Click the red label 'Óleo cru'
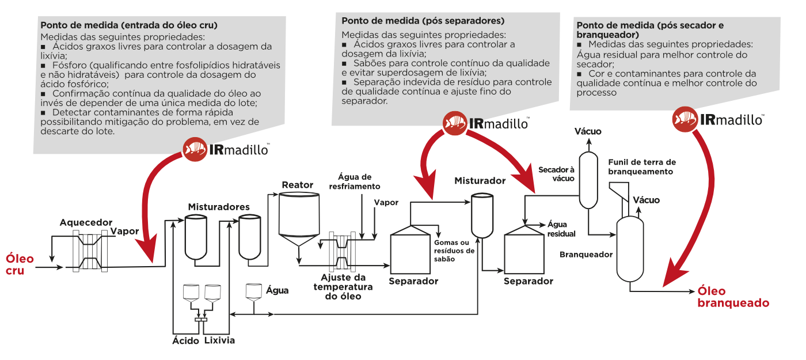[x=20, y=264]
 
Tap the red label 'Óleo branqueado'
[x=733, y=297]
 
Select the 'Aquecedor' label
[x=86, y=222]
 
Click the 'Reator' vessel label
[x=297, y=185]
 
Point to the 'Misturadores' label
[x=219, y=206]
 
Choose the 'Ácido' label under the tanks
[x=185, y=340]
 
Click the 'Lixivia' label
[x=219, y=340]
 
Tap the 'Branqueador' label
[x=586, y=254]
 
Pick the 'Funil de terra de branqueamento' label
[x=642, y=166]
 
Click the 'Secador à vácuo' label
[x=556, y=174]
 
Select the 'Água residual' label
[x=561, y=229]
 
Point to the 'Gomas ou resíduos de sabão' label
[x=454, y=251]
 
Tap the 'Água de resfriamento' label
[x=355, y=181]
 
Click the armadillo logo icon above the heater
[x=194, y=149]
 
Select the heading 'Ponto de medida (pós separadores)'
[x=423, y=20]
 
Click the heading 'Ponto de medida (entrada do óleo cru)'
[x=128, y=25]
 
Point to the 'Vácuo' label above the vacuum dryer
[x=588, y=131]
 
